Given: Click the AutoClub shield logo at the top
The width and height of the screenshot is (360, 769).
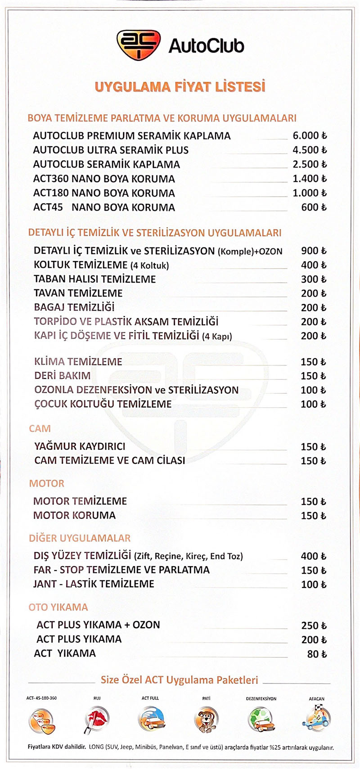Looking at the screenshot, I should pos(138,45).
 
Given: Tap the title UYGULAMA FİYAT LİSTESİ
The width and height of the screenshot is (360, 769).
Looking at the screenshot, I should pos(180,86).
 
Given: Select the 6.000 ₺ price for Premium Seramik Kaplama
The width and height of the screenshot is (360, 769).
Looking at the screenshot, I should pos(310,135).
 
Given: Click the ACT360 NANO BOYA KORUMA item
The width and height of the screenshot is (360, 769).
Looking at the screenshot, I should pos(104,179).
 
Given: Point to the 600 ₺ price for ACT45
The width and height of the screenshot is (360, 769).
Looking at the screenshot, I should pos(314,207).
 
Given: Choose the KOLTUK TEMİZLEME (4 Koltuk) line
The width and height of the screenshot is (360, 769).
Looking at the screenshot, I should pos(101,265).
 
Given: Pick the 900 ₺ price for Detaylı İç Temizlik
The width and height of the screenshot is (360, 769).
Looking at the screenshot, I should pos(314,251).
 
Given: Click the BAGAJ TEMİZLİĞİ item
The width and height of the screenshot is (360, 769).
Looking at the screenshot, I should pos(74,307).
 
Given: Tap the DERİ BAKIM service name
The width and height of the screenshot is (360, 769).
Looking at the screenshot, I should pos(63,376).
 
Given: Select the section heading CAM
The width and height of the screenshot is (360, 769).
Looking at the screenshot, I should pos(40,428).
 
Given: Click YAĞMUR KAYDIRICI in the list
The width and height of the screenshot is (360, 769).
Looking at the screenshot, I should pos(80,446).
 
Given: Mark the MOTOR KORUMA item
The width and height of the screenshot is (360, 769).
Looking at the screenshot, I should pos(75,515).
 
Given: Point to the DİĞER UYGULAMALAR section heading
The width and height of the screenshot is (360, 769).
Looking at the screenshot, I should pos(80,538).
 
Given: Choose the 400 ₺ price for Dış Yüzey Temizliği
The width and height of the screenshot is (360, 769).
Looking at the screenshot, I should pos(314,556).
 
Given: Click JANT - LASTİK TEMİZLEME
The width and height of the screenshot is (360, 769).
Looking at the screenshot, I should pos(94,584).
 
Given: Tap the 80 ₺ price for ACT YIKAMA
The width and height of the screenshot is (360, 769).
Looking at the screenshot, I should pos(317,654).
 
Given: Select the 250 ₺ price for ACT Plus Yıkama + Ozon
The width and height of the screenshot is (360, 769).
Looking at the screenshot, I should pos(314,625).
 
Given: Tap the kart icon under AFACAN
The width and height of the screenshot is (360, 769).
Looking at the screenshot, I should pos(317,719).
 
